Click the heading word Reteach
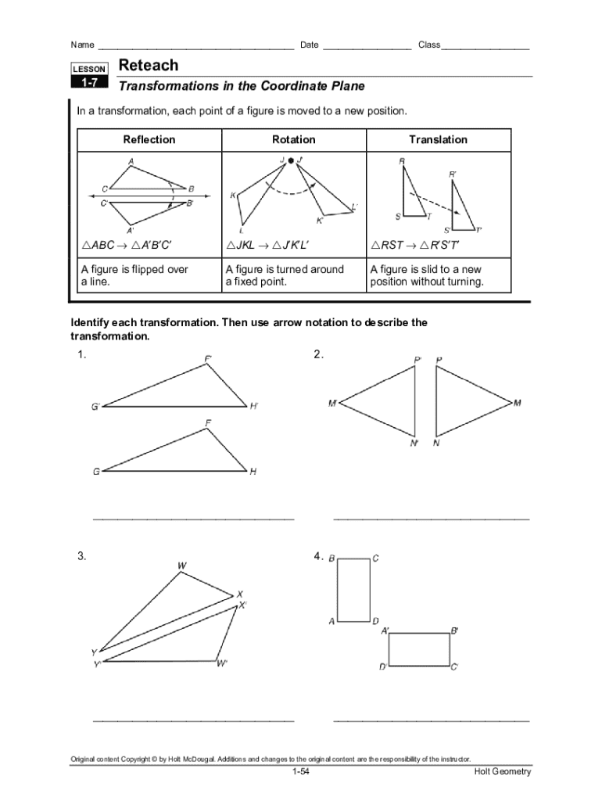(149, 66)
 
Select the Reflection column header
(149, 140)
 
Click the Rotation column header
(294, 140)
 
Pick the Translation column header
(438, 140)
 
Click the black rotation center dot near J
(290, 160)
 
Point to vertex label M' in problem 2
(333, 404)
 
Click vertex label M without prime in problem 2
(518, 404)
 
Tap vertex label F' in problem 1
(209, 359)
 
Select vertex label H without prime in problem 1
(253, 472)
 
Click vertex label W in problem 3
(181, 565)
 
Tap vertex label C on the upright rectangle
(376, 559)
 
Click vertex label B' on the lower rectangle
(455, 630)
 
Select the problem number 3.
(81, 556)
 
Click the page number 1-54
(301, 773)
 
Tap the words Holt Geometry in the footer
(503, 773)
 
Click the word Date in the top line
(310, 45)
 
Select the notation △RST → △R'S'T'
(415, 246)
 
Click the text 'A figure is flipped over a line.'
(134, 275)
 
